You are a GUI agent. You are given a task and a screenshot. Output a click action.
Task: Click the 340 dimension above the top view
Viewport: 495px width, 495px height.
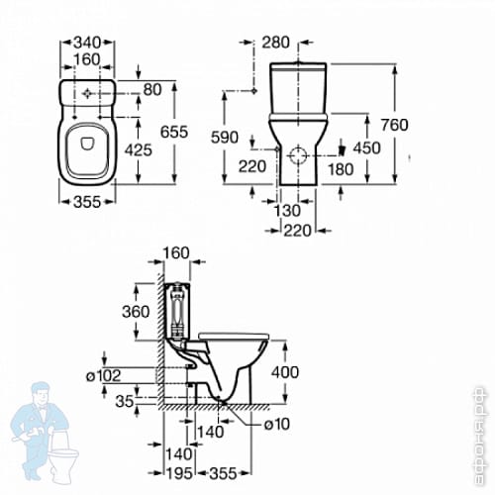(87, 43)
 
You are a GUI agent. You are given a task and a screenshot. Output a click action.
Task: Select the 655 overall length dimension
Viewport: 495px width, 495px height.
(174, 132)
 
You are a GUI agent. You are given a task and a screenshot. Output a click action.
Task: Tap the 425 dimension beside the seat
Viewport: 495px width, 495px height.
(139, 150)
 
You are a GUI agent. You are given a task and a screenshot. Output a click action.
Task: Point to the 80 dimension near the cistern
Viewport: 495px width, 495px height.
(152, 89)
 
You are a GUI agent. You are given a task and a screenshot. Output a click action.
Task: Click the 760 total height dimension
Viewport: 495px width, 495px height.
(395, 125)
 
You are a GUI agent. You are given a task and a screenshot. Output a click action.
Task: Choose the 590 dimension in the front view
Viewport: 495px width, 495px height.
(225, 137)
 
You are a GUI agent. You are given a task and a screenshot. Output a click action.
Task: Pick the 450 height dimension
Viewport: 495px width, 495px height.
(367, 148)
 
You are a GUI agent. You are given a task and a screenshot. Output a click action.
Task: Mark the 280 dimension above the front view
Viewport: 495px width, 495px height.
(276, 43)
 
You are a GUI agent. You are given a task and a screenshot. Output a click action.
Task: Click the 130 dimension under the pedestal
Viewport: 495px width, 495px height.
(287, 211)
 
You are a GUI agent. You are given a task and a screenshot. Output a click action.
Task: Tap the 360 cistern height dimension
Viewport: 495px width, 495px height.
(136, 312)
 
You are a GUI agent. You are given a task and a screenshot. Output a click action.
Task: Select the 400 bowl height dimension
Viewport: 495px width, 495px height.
(285, 372)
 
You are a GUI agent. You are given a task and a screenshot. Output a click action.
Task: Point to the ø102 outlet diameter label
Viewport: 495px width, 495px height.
(103, 375)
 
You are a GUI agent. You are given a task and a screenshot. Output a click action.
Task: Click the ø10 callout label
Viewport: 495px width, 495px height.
(277, 424)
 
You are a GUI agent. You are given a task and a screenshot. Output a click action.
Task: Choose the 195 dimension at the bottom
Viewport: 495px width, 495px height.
(178, 474)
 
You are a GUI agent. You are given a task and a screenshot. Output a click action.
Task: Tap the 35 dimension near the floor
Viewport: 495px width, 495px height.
(125, 401)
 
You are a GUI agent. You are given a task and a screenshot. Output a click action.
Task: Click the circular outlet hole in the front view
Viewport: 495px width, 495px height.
(298, 155)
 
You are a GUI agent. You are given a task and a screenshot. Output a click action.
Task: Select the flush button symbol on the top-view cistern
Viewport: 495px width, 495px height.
(87, 94)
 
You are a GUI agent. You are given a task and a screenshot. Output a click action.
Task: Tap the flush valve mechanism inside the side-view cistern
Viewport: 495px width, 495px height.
(178, 310)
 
